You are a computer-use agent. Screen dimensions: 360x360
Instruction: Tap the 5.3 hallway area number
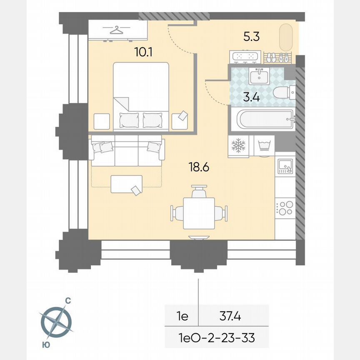252,37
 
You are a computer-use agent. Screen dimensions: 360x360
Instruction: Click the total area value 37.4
230,317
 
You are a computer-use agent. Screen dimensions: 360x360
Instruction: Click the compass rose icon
56,322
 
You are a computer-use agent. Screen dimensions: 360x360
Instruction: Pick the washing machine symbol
263,146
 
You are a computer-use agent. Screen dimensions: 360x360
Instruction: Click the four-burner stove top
285,207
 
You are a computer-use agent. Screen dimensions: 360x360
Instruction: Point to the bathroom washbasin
259,76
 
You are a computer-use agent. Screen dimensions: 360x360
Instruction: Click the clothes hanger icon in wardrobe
118,30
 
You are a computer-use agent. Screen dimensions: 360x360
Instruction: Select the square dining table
199,213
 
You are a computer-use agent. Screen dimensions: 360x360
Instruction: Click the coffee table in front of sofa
126,184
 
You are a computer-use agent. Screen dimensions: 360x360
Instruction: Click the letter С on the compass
67,300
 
